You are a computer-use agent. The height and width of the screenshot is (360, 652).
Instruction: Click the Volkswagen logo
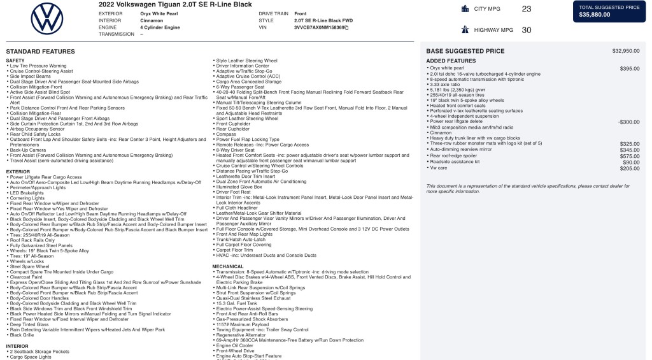(x=46, y=18)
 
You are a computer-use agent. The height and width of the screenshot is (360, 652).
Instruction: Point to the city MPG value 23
(x=526, y=9)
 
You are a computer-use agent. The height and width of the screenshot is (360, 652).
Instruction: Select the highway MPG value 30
(x=526, y=30)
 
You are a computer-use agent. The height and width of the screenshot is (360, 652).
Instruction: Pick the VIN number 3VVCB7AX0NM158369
(x=320, y=27)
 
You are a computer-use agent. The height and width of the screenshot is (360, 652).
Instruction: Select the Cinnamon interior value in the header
(x=152, y=20)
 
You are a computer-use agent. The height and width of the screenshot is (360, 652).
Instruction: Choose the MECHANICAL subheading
(x=227, y=266)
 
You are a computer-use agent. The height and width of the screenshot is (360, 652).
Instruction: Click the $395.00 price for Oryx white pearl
(x=630, y=68)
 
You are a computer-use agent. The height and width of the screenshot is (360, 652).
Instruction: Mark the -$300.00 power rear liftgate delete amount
(x=628, y=122)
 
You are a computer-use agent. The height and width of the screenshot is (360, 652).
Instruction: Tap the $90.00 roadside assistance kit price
(x=631, y=162)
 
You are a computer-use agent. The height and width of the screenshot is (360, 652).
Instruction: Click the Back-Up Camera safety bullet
(x=28, y=150)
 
